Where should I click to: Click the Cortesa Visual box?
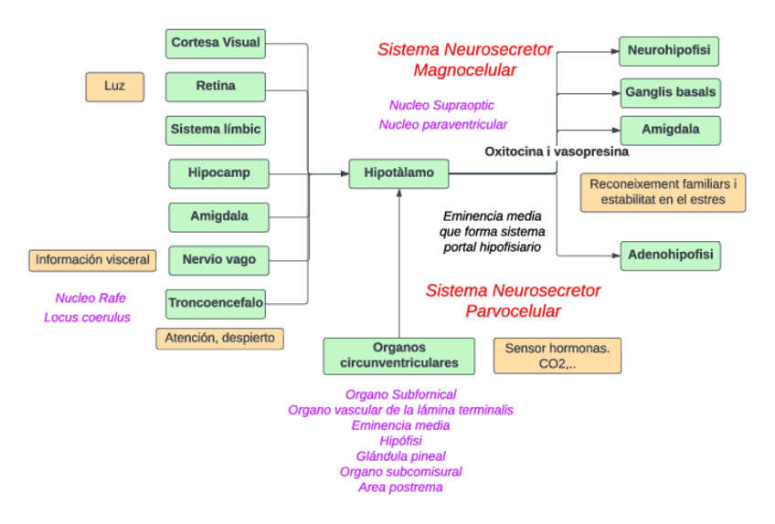(216, 43)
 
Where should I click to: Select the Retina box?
(216, 87)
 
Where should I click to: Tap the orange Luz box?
(114, 87)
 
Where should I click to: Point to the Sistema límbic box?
(216, 131)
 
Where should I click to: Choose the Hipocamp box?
(218, 173)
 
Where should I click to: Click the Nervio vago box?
(218, 260)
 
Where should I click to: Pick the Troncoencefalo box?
(216, 303)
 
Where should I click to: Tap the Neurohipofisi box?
(669, 51)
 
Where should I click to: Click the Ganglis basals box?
(670, 93)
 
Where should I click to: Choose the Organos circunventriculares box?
(398, 356)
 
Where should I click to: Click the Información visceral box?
(92, 260)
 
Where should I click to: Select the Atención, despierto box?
(219, 339)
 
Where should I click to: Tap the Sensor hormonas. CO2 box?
(557, 356)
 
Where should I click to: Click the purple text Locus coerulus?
(87, 318)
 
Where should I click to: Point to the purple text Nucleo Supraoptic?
(441, 105)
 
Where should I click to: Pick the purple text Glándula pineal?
(400, 456)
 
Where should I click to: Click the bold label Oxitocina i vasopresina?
(556, 152)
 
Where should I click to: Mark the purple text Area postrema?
(400, 487)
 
